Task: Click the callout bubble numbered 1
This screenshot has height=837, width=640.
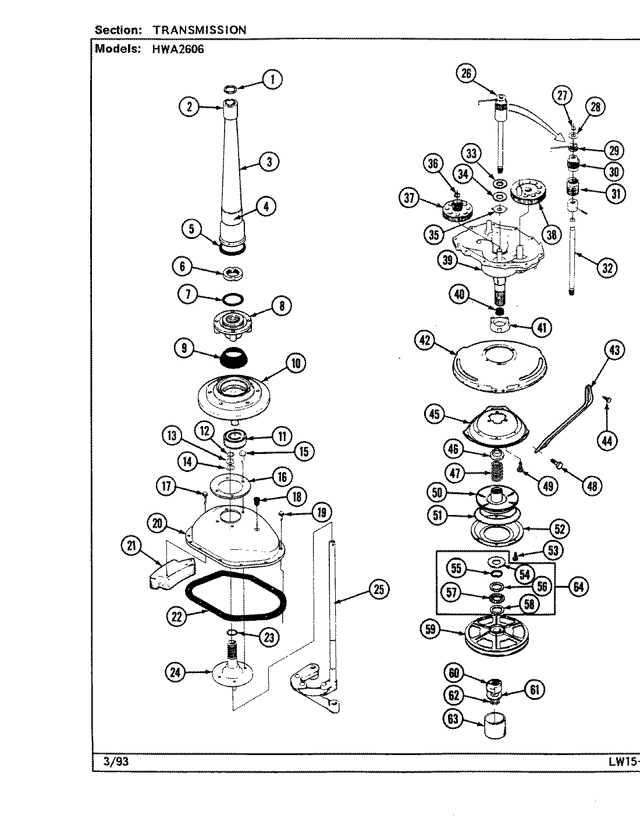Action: (272, 79)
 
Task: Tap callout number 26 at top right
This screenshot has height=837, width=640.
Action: (467, 73)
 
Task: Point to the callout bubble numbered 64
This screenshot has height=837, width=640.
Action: (578, 586)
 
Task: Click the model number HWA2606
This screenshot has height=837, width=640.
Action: (179, 49)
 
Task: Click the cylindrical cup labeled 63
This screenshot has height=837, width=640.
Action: (495, 726)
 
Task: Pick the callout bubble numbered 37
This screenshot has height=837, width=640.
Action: (410, 199)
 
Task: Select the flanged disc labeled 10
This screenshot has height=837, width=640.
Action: (235, 395)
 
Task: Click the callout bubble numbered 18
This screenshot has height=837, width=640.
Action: (297, 496)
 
